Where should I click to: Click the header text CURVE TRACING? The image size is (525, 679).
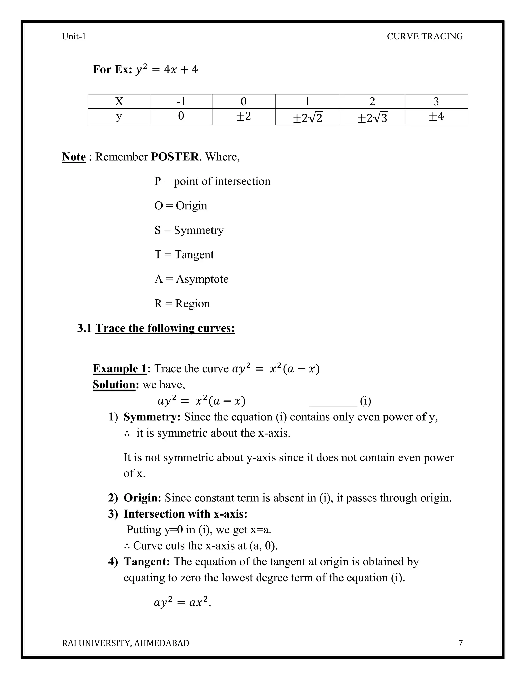(x=425, y=36)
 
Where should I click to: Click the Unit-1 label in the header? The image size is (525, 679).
(x=74, y=36)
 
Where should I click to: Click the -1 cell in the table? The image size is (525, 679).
(x=181, y=101)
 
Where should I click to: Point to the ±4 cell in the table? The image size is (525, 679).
(x=436, y=117)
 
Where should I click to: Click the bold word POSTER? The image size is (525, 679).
(x=175, y=157)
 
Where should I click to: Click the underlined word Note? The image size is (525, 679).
(x=74, y=157)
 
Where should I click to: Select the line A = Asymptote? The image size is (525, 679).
(x=191, y=279)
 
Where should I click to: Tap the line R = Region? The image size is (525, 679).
(x=182, y=303)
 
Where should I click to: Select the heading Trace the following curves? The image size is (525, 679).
(x=165, y=328)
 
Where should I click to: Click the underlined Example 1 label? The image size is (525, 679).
(x=120, y=368)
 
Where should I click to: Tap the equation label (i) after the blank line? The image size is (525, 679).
(x=366, y=401)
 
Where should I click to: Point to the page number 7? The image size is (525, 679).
(x=460, y=643)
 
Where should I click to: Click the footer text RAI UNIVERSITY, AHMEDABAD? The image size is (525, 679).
(x=125, y=643)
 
